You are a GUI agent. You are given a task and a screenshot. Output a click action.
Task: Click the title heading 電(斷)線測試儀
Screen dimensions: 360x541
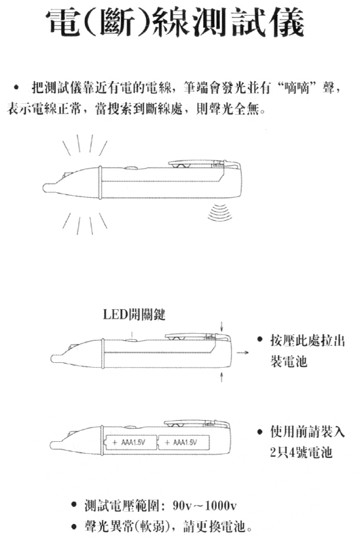point(176,22)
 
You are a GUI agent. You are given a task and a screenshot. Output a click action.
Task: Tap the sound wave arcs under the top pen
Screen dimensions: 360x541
point(220,212)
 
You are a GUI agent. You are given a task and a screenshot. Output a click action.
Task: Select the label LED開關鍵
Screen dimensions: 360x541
point(134,314)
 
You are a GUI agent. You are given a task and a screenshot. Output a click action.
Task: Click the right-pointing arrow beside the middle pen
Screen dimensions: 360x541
point(242,353)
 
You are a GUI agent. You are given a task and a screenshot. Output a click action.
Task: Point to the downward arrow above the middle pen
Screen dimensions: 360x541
point(221,327)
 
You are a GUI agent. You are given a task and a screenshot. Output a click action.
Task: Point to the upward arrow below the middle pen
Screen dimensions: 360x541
point(221,377)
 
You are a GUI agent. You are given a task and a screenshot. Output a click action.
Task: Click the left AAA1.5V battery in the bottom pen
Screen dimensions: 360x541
point(130,442)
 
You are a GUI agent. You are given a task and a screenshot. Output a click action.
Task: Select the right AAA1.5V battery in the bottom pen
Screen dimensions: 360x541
point(184,442)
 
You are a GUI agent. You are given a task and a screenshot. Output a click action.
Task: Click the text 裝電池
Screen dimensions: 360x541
point(289,362)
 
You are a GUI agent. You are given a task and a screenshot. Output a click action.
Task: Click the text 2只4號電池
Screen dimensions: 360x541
point(301,452)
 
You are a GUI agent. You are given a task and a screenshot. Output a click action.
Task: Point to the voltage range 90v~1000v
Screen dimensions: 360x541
point(205,506)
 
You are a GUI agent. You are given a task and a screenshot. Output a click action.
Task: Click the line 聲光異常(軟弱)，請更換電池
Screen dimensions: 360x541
point(168,527)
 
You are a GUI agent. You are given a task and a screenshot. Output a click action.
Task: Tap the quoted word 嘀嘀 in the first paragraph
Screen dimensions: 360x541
point(300,89)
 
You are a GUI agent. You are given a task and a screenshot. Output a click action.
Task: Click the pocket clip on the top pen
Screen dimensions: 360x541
point(204,163)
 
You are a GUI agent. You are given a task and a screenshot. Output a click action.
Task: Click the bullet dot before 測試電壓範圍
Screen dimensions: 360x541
point(73,506)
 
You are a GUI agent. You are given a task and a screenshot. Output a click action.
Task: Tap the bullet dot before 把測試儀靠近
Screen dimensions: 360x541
point(15,88)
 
